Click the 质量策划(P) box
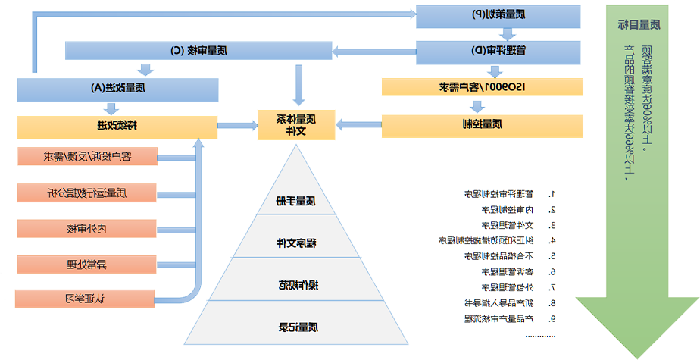pos(498,15)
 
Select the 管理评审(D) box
pos(498,51)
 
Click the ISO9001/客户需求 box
pos(482,86)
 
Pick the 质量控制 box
pos(482,124)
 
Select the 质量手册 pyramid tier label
pos(296,201)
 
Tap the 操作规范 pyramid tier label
pos(296,286)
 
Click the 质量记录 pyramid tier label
pos(296,327)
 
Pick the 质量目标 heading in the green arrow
pos(639,24)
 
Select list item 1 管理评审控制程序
pos(493,194)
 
